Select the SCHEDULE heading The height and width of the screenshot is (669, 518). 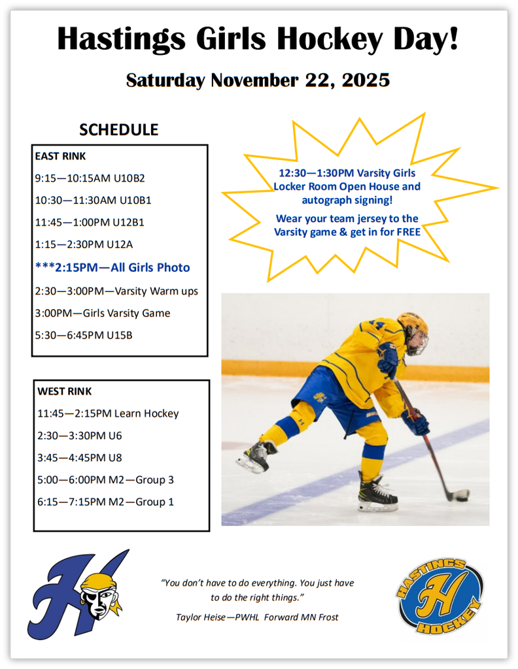(118, 129)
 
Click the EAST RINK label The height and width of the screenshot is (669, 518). (60, 156)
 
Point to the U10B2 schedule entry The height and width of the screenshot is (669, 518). (90, 178)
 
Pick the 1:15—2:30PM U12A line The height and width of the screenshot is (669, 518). (90, 244)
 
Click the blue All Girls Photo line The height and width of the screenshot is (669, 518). (112, 267)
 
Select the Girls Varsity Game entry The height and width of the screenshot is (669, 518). (103, 313)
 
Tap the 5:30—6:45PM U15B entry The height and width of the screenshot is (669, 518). (84, 335)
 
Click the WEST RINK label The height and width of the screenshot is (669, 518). (64, 391)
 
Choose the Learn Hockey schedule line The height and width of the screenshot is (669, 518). (108, 414)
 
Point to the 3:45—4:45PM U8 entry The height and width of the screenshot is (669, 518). (80, 457)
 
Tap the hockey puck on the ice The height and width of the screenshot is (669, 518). (462, 495)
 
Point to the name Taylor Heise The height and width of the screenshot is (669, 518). (200, 617)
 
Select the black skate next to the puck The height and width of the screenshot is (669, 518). (377, 495)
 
